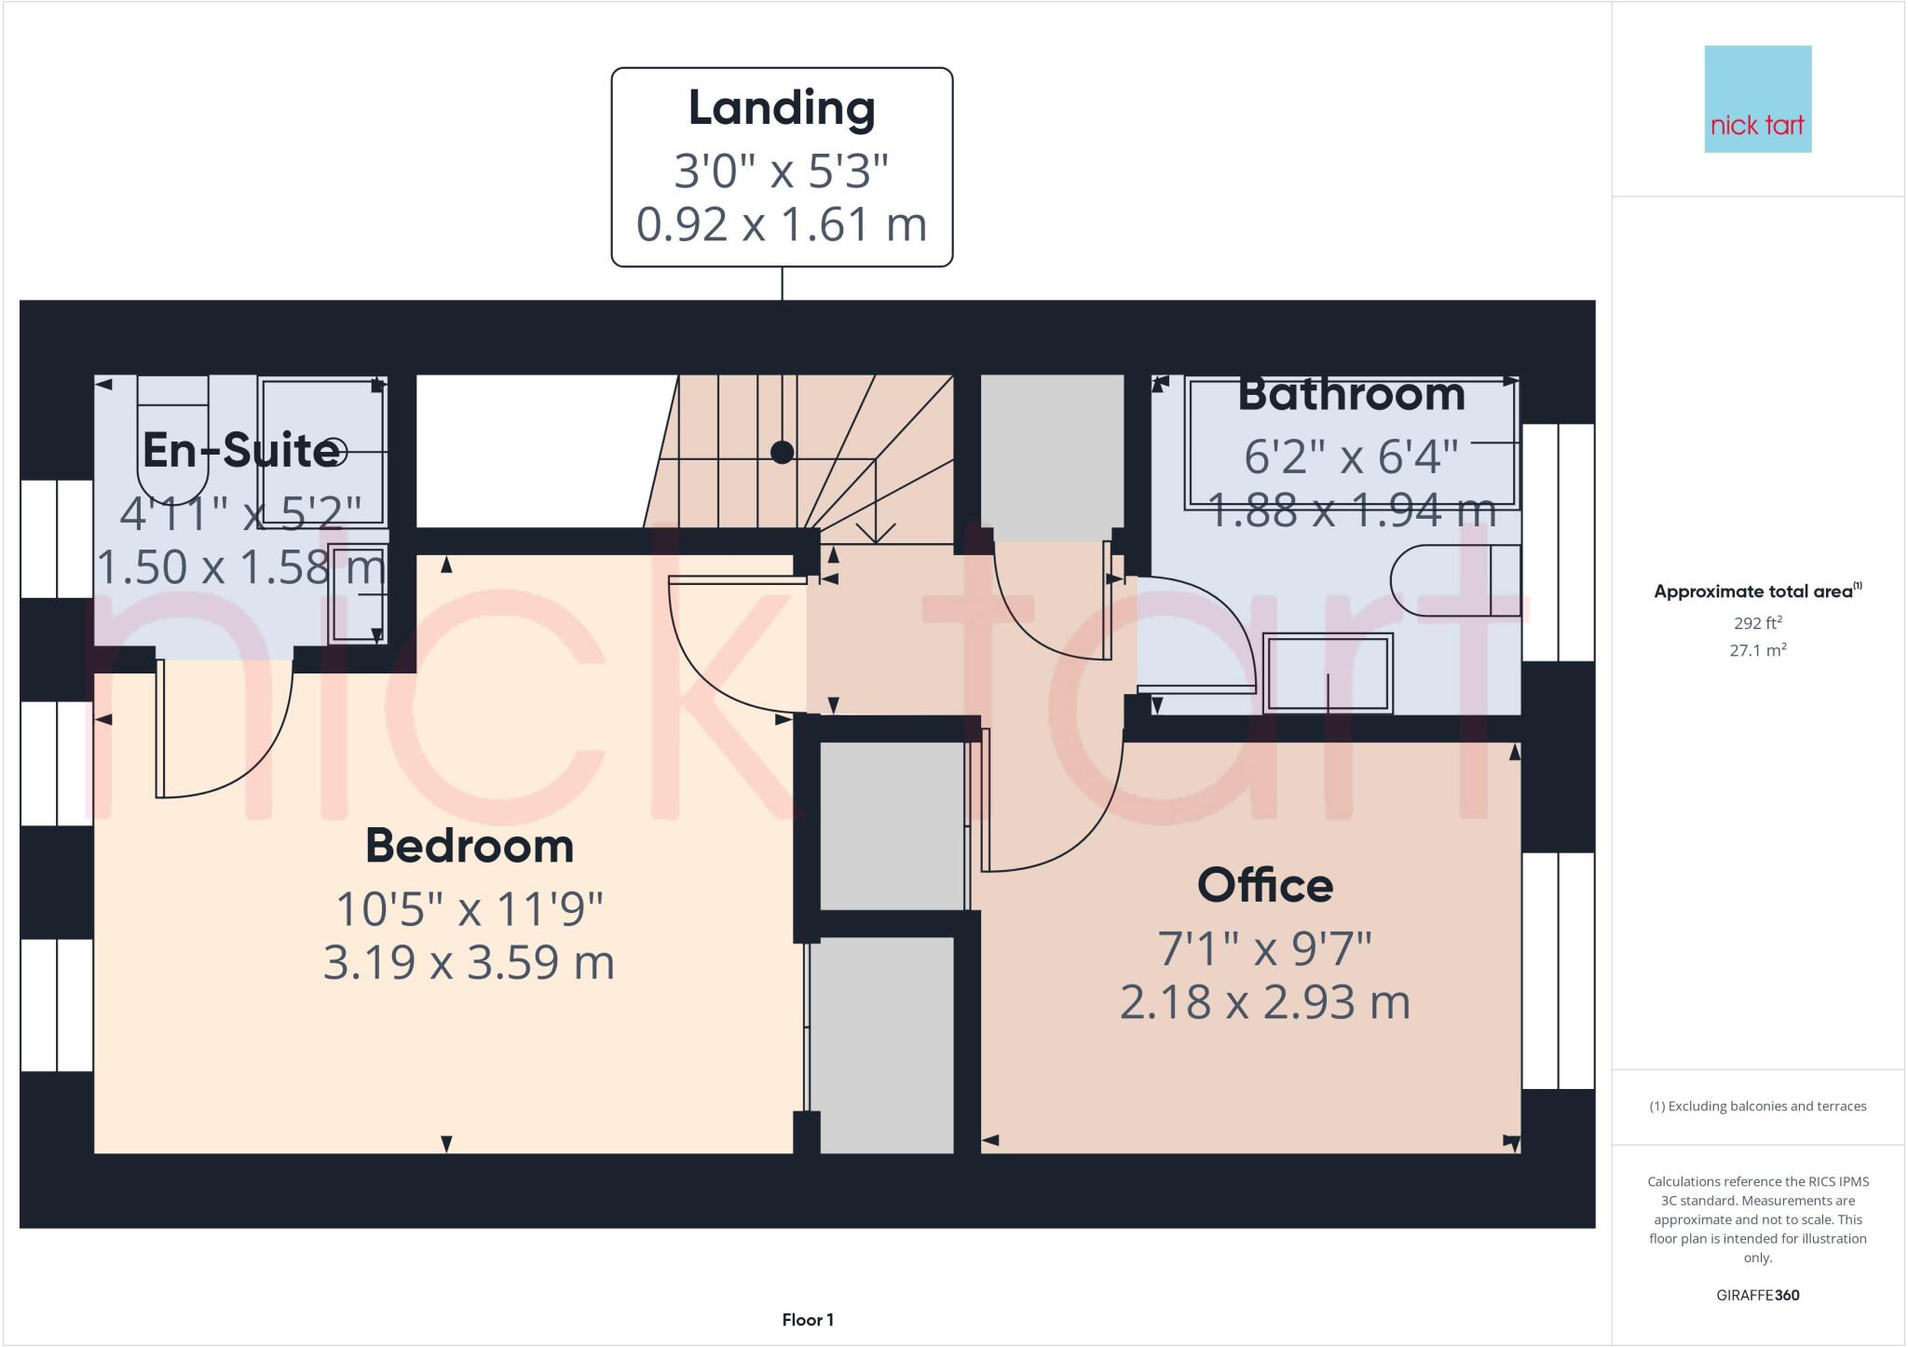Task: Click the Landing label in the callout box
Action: coord(782,108)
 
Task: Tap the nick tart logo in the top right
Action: coord(1757,99)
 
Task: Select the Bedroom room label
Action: coord(469,846)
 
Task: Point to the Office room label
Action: coord(1264,885)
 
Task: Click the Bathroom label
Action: coord(1351,395)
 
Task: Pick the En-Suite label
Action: coord(240,451)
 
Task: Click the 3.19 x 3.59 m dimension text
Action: coord(469,962)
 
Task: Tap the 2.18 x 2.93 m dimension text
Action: coord(1264,1002)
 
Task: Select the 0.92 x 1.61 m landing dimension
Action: coord(782,224)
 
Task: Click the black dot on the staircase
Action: coord(783,453)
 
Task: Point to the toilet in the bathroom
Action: coord(1453,580)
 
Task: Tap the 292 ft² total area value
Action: coord(1757,623)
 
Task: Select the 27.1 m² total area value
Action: coord(1757,650)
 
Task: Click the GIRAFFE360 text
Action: coord(1757,1295)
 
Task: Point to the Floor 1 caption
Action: coord(808,1320)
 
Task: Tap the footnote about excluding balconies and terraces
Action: coord(1757,1107)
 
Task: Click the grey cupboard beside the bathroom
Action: coord(1052,457)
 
